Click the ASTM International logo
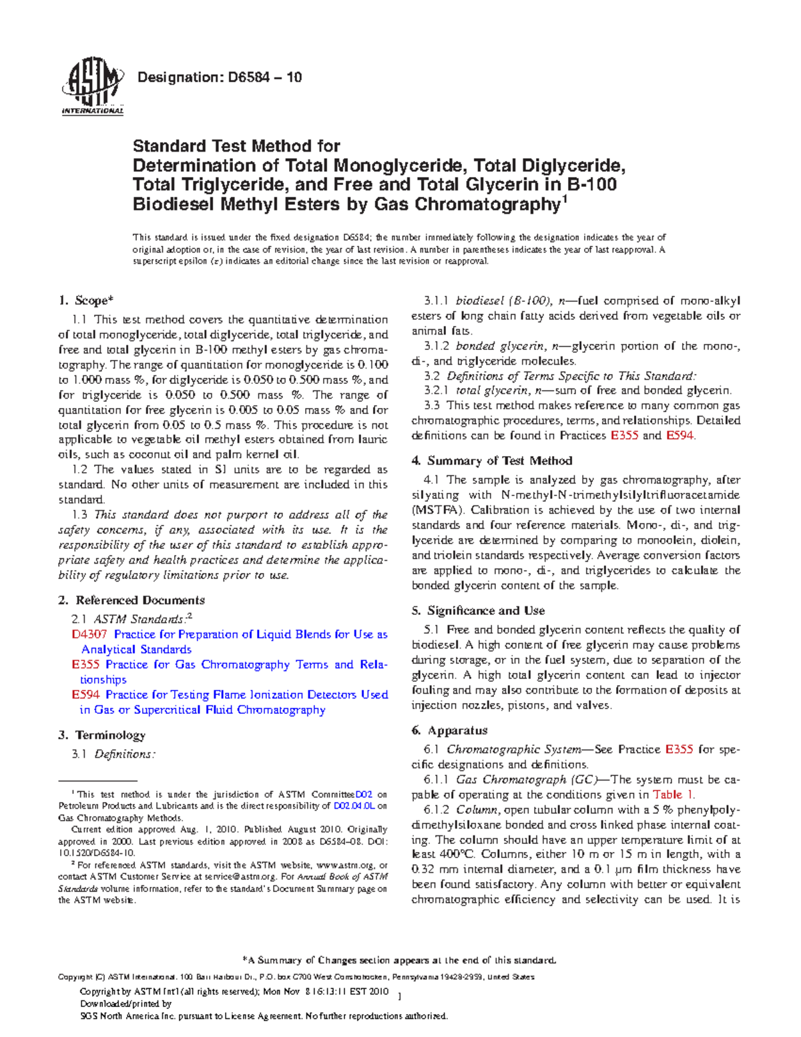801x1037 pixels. [x=92, y=89]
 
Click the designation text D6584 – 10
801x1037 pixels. [x=219, y=77]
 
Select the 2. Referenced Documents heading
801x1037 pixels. [x=131, y=600]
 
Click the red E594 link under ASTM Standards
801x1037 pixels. [x=85, y=694]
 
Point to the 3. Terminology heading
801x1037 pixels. [x=101, y=735]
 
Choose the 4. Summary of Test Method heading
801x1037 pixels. [x=492, y=461]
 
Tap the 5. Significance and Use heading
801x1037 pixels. [x=479, y=610]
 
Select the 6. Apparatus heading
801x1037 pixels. [x=450, y=731]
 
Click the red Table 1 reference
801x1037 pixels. [x=674, y=795]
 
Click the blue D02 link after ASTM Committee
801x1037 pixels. [x=364, y=795]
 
